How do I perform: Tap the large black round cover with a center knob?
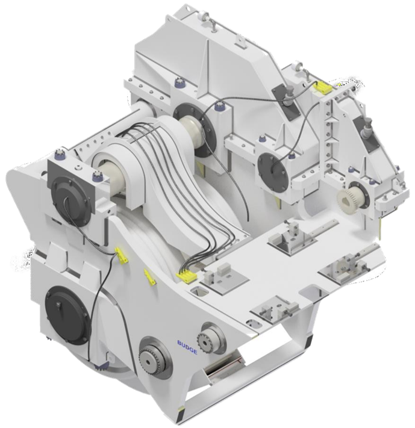click(67, 315)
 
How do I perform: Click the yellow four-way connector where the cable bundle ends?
click(186, 276)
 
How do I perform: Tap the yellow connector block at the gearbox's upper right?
click(323, 88)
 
